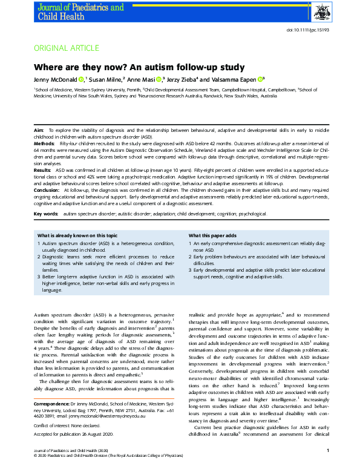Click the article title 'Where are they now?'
[139, 67]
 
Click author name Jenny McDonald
[56, 79]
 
